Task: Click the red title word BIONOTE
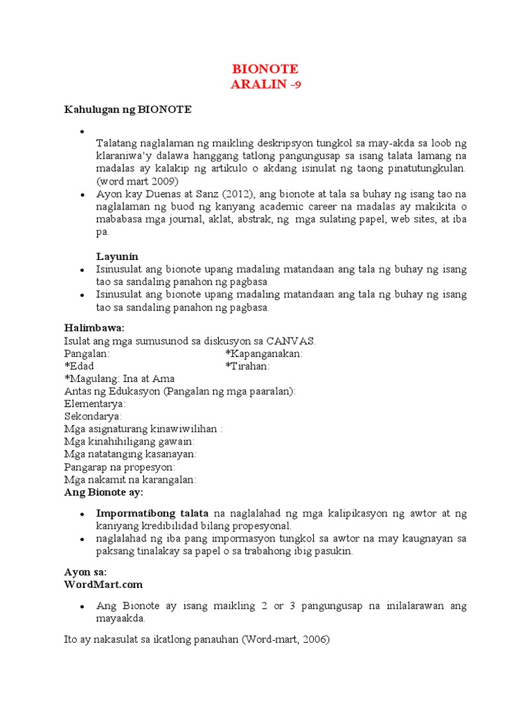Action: pyautogui.click(x=266, y=69)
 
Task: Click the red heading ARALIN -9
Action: pyautogui.click(x=266, y=85)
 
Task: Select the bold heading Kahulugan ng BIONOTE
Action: pyautogui.click(x=128, y=110)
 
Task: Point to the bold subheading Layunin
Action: pyautogui.click(x=117, y=257)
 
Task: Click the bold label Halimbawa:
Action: pyautogui.click(x=94, y=327)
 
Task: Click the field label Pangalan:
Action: pyautogui.click(x=87, y=354)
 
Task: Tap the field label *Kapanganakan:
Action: pyautogui.click(x=264, y=354)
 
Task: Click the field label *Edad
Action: pyautogui.click(x=79, y=366)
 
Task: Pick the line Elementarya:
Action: pyautogui.click(x=95, y=404)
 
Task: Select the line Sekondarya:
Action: pyautogui.click(x=93, y=416)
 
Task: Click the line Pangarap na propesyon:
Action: pyautogui.click(x=119, y=467)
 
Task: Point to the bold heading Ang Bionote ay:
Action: pyautogui.click(x=103, y=492)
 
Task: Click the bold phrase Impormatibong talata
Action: pyautogui.click(x=152, y=514)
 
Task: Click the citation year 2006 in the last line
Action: pyautogui.click(x=314, y=640)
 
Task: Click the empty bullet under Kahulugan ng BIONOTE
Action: pyautogui.click(x=82, y=131)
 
